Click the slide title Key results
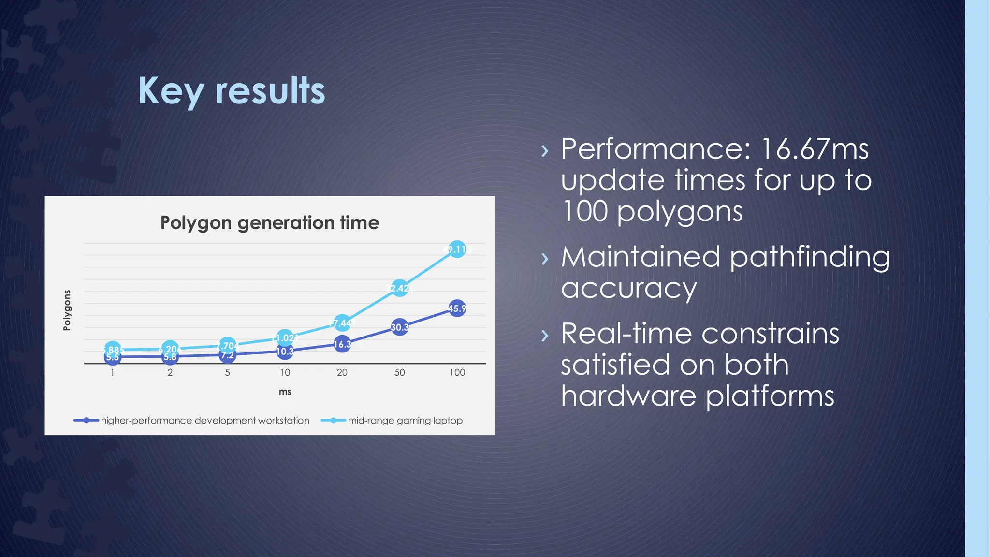click(x=232, y=91)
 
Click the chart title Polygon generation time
click(x=269, y=223)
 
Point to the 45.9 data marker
click(x=457, y=308)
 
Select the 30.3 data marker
click(x=399, y=327)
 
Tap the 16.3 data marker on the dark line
click(x=342, y=344)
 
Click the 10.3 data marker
click(x=285, y=352)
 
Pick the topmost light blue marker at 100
click(x=457, y=249)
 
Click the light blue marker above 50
click(x=399, y=288)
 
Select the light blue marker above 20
click(x=342, y=323)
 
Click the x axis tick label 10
click(x=285, y=373)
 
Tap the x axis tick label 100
click(x=457, y=373)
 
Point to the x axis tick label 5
click(x=227, y=373)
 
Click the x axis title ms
click(x=285, y=392)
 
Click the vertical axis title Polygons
click(x=67, y=310)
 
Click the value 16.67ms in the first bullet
click(x=815, y=149)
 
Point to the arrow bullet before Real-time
click(x=545, y=335)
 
